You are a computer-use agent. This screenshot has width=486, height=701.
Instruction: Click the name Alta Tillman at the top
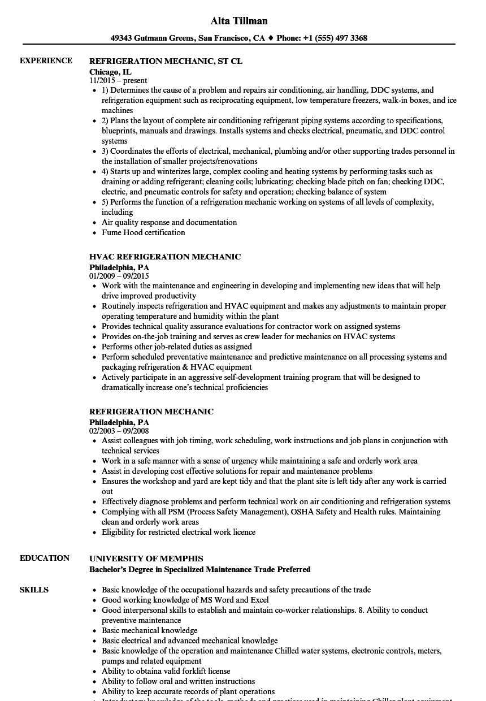click(238, 21)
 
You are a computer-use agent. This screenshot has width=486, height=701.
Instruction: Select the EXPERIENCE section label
click(46, 60)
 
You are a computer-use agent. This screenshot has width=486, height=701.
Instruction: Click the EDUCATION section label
click(45, 558)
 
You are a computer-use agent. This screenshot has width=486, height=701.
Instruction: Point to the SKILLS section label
click(34, 590)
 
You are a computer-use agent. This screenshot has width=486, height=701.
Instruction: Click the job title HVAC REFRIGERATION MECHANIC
click(165, 257)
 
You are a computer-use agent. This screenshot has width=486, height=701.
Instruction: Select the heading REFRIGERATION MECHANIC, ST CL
click(166, 61)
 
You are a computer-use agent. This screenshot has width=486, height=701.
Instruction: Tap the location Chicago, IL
click(110, 72)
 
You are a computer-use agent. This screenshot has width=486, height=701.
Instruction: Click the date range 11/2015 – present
click(118, 81)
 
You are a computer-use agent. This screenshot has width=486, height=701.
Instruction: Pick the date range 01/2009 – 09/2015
click(119, 276)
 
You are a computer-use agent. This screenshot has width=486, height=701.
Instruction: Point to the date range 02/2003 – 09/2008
click(119, 431)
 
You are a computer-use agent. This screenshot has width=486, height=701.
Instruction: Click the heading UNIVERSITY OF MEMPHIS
click(146, 559)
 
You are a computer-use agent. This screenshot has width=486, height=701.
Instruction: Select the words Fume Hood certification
click(143, 232)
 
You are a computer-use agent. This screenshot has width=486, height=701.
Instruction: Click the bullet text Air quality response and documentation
click(169, 222)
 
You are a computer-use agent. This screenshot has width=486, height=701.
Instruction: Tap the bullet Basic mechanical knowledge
click(149, 630)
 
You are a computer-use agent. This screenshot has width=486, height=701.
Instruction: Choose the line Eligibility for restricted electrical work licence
click(178, 532)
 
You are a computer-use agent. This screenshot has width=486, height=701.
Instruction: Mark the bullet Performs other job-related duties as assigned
click(176, 347)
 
